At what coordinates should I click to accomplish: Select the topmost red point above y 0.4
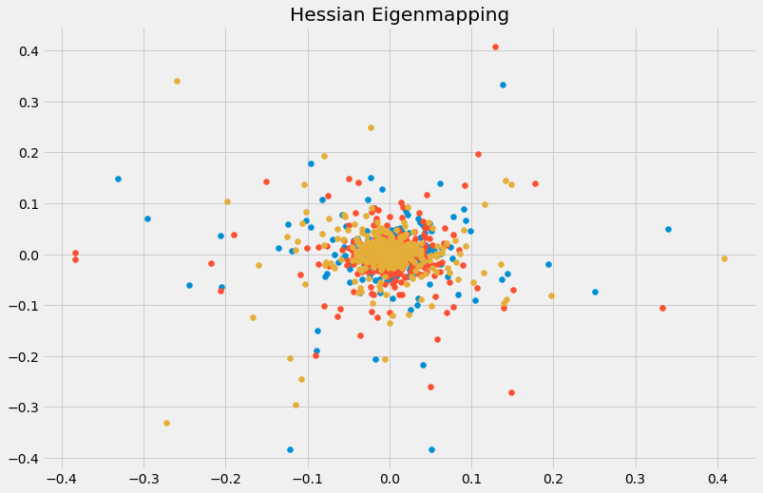(495, 47)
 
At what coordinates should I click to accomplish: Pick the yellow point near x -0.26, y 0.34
(177, 81)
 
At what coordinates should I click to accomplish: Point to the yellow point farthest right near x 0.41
(724, 258)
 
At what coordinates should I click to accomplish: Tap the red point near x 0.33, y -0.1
(662, 308)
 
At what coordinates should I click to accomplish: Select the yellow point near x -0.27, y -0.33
(166, 423)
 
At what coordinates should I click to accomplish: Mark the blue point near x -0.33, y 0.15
(118, 179)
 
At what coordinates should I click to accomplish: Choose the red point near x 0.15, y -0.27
(511, 392)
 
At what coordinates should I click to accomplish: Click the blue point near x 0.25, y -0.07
(595, 292)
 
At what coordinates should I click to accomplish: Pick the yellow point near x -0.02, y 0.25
(371, 127)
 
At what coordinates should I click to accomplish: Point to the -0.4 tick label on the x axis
(61, 478)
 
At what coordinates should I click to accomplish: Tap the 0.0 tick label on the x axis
(389, 478)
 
